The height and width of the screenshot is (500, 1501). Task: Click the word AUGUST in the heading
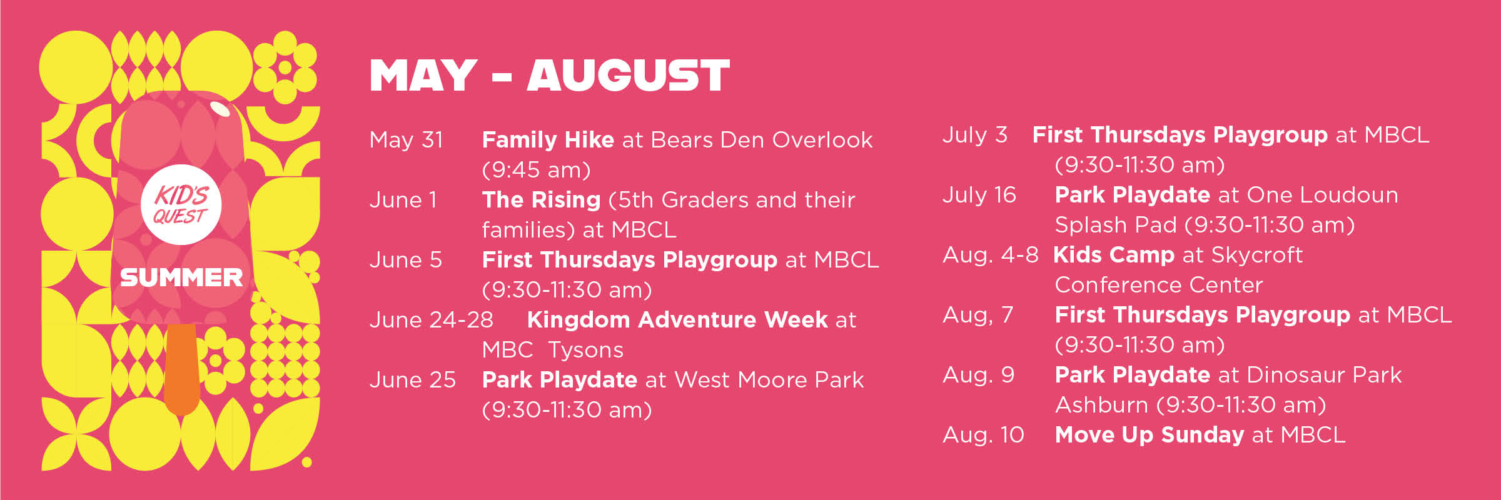[628, 76]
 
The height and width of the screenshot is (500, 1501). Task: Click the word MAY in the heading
[423, 76]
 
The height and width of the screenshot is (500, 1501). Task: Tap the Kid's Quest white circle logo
[181, 204]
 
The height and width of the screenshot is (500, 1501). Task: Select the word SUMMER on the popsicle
[181, 277]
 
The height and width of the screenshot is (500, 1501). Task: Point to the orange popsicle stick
[182, 369]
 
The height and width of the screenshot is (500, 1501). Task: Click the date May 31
[406, 140]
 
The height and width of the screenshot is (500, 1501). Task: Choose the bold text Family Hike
[548, 140]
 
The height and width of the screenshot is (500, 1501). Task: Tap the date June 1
[403, 200]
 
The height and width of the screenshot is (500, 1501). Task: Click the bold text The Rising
[541, 200]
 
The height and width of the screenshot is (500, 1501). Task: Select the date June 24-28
[432, 320]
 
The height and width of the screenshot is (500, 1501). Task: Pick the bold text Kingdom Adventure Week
[678, 320]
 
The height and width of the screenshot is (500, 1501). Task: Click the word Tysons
[586, 351]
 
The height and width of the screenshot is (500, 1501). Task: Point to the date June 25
[413, 380]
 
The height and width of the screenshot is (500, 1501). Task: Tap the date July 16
[979, 195]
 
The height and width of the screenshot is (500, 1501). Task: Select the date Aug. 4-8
[991, 256]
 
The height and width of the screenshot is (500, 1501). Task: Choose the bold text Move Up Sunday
[1150, 435]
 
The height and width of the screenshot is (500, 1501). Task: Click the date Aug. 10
[983, 436]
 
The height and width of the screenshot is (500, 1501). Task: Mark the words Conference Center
[1159, 285]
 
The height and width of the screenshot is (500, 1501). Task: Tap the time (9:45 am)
[536, 170]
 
